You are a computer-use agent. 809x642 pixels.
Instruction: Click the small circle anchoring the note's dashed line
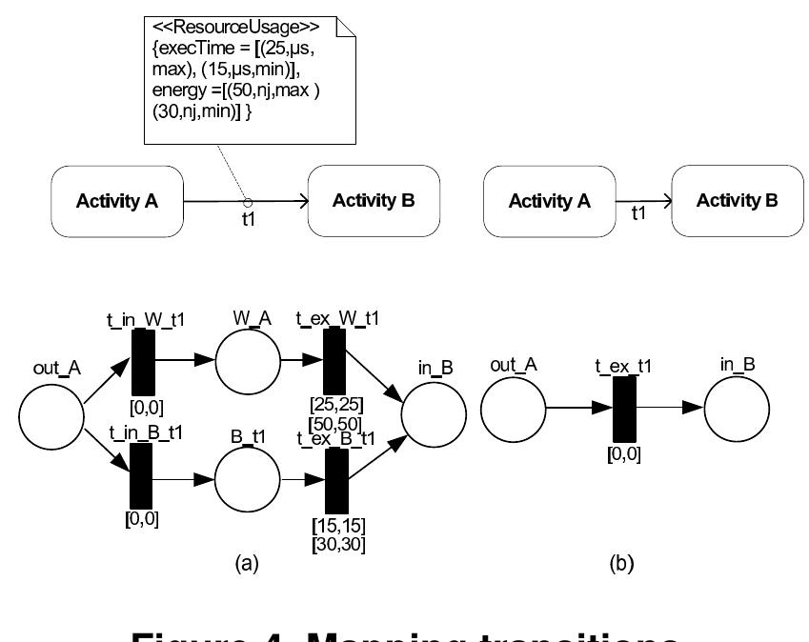click(247, 202)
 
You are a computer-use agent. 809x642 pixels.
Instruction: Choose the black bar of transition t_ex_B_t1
click(335, 480)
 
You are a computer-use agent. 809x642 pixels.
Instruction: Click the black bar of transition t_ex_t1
click(624, 409)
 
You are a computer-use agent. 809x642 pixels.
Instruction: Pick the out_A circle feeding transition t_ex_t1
click(513, 409)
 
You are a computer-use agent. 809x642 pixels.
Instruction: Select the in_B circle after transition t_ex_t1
click(737, 409)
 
